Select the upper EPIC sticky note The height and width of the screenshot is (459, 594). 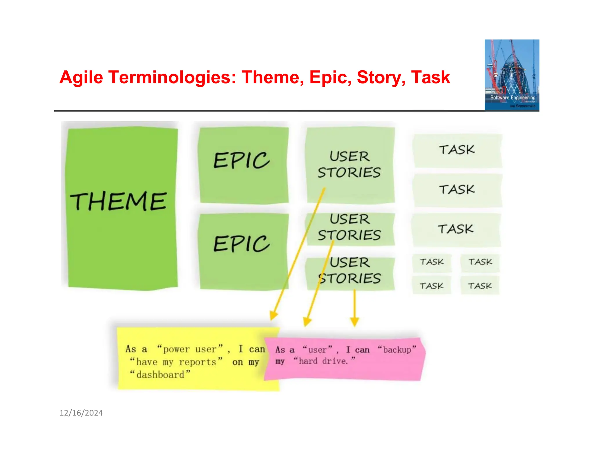click(243, 165)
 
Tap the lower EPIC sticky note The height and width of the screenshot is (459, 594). click(243, 251)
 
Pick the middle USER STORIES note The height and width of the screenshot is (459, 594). click(350, 228)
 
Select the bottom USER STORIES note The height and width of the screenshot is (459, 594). click(350, 271)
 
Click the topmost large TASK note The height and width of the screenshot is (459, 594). click(457, 150)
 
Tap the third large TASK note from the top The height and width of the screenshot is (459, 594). click(456, 229)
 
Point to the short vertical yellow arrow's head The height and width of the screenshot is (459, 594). click(354, 321)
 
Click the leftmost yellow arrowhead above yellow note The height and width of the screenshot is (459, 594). click(273, 315)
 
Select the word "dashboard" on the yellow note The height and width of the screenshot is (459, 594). click(160, 375)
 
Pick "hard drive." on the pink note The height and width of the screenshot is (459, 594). click(324, 361)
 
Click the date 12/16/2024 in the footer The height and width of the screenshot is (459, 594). click(81, 413)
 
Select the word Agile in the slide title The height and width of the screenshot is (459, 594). click(81, 77)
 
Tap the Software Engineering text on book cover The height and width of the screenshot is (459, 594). click(512, 97)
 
